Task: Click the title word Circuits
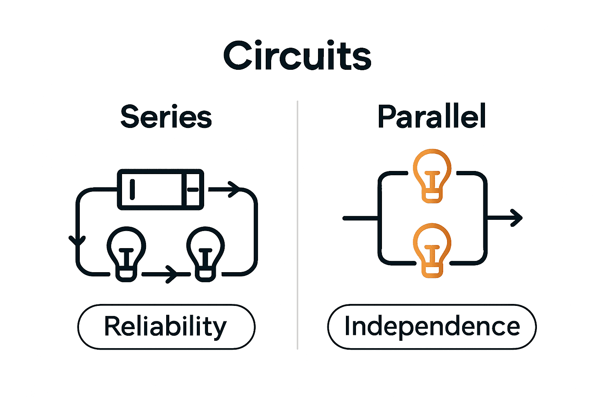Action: point(297,56)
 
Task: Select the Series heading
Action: point(166,117)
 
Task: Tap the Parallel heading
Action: point(432,117)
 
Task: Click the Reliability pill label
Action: point(166,327)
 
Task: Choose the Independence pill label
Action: point(432,327)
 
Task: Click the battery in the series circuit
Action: point(160,190)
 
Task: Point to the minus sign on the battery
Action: point(193,190)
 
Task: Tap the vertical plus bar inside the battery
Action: point(132,189)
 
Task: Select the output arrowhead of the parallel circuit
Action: point(517,218)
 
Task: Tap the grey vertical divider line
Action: point(297,225)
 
